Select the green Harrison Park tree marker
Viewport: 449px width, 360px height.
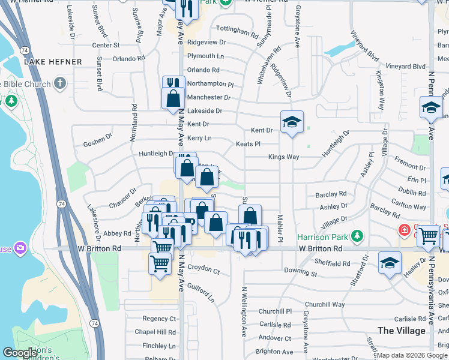tap(358, 234)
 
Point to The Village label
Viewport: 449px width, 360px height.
tap(402, 331)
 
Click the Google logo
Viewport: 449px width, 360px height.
tap(20, 353)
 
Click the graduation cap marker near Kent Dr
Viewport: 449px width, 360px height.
tap(292, 122)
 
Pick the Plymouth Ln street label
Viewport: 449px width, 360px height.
tap(205, 56)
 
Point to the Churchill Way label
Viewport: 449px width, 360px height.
tap(325, 304)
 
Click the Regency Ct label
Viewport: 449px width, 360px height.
tap(159, 319)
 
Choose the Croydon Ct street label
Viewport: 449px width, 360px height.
tap(204, 271)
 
